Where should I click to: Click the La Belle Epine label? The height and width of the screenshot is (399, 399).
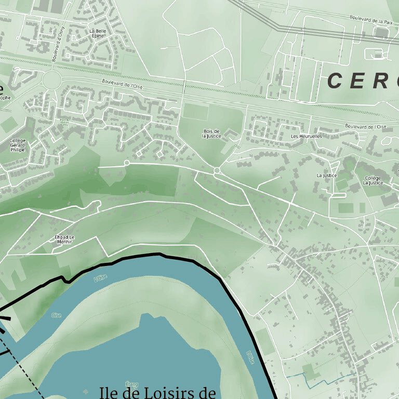pyautogui.click(x=97, y=33)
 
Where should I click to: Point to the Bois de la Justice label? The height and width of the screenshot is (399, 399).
pyautogui.click(x=211, y=134)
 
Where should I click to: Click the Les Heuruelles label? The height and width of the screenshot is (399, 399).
pyautogui.click(x=306, y=136)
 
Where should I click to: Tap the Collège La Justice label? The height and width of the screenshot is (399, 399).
pyautogui.click(x=373, y=180)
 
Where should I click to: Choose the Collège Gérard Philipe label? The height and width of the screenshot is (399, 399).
pyautogui.click(x=17, y=145)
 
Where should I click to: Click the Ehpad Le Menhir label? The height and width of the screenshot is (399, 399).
pyautogui.click(x=64, y=240)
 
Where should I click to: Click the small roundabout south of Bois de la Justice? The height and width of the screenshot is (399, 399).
pyautogui.click(x=217, y=170)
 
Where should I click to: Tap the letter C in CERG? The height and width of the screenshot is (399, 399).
pyautogui.click(x=335, y=81)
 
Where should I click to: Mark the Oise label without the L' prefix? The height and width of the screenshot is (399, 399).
pyautogui.click(x=56, y=315)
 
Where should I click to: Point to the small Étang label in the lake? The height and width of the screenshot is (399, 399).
pyautogui.click(x=133, y=385)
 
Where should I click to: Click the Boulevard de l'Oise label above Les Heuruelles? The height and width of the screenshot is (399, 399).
pyautogui.click(x=366, y=126)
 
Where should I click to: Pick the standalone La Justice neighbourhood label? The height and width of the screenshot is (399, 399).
pyautogui.click(x=326, y=176)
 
